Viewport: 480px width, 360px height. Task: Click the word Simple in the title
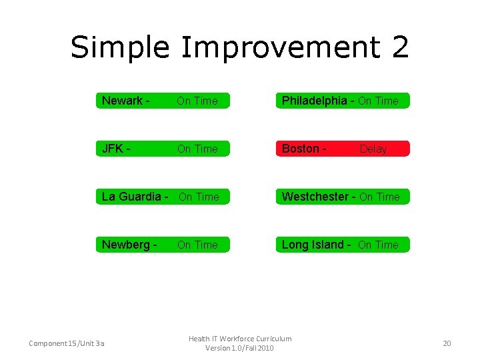120,48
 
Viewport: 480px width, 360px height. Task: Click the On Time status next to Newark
197,101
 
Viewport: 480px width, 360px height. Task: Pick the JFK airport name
113,149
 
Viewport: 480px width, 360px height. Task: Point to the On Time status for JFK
197,149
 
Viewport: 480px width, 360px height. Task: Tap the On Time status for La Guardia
199,197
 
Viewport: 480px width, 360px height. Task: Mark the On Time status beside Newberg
197,245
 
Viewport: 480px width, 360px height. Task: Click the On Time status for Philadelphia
378,101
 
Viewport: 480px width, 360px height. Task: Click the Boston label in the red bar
301,149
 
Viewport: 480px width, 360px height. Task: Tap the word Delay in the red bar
373,149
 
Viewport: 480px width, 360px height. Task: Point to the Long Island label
313,245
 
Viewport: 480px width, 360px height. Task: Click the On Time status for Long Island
378,245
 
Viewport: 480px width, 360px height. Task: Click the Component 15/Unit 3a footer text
66,343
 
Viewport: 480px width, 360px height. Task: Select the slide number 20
447,343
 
